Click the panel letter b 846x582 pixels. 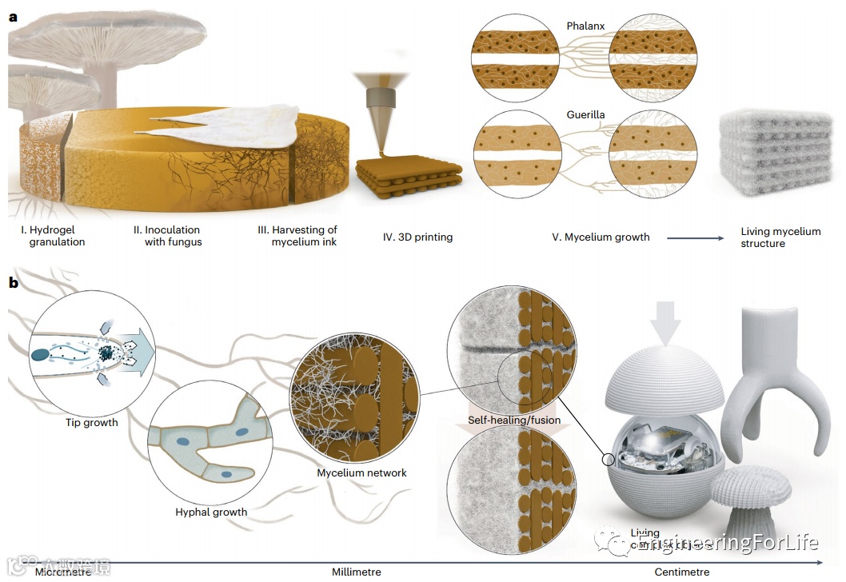[14, 282]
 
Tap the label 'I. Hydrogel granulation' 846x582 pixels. [53, 236]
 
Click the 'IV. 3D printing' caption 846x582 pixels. [417, 237]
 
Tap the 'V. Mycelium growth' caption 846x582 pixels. [601, 237]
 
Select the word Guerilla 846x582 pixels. [585, 114]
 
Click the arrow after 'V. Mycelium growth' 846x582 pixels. [696, 237]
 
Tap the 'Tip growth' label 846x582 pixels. [91, 422]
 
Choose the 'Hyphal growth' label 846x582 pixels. [211, 512]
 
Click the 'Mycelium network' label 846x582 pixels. [361, 472]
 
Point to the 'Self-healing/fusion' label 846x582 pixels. [514, 420]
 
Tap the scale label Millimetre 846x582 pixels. [357, 572]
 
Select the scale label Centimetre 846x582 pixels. [681, 572]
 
